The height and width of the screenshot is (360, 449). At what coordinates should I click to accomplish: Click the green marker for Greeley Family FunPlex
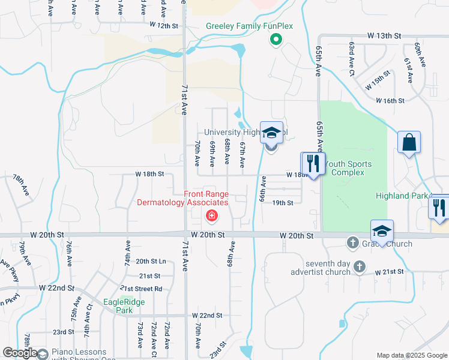pos(276,40)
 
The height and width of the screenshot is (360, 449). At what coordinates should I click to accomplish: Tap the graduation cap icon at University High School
pos(271,133)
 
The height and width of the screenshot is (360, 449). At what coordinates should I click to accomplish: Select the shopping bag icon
pos(409,143)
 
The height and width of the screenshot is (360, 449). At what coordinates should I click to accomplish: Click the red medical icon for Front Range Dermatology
pos(211,215)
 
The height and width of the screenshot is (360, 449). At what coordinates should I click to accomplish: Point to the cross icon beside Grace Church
pos(353,243)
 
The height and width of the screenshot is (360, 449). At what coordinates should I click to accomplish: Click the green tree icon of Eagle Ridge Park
pos(125,301)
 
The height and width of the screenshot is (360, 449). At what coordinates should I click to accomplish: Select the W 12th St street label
pos(164,26)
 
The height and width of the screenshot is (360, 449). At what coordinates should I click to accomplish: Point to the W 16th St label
pos(390,101)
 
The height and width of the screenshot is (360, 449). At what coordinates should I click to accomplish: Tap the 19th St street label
pos(282,203)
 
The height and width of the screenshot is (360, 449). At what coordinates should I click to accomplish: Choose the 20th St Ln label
pos(151,261)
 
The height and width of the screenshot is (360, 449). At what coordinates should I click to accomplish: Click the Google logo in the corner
pos(19,353)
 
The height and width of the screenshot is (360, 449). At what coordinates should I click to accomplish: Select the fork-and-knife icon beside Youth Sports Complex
pos(313,163)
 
